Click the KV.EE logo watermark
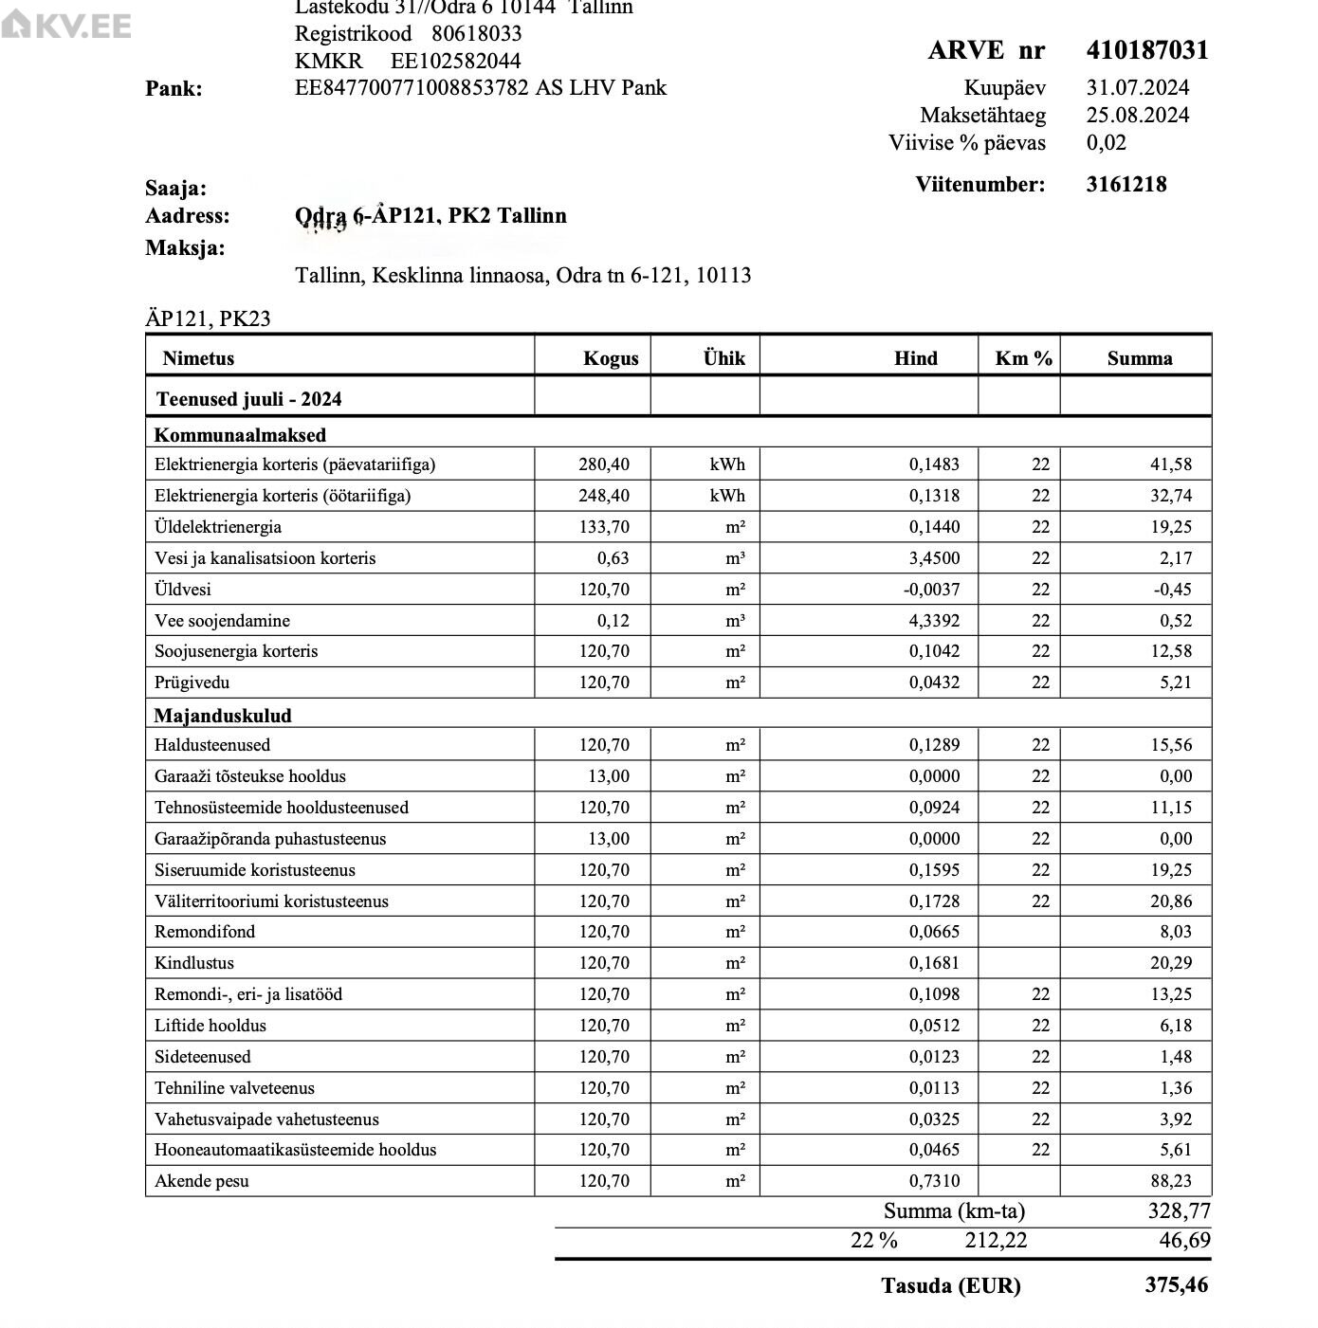click(x=66, y=26)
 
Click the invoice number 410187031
click(x=1146, y=50)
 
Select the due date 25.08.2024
click(x=1137, y=116)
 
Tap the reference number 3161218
click(x=1126, y=185)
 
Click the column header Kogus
click(x=610, y=358)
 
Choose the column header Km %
click(x=1023, y=358)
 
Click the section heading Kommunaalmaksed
click(x=240, y=435)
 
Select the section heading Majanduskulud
click(x=223, y=716)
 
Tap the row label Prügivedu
click(x=192, y=682)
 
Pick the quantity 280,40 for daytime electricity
click(x=604, y=464)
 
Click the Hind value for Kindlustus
click(x=934, y=963)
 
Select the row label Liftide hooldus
click(x=211, y=1026)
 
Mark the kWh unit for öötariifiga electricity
click(x=726, y=496)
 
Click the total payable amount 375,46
click(x=1176, y=1285)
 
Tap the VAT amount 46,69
click(x=1184, y=1241)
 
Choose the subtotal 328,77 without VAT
click(x=1179, y=1211)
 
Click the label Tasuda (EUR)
click(x=950, y=1286)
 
